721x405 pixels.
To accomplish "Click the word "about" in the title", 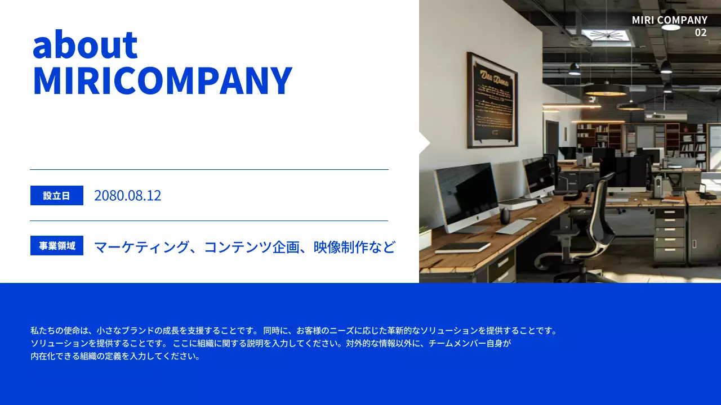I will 85,45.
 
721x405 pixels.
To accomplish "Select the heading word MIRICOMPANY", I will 162,81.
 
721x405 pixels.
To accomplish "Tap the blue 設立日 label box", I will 57,196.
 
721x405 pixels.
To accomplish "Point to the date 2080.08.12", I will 127,196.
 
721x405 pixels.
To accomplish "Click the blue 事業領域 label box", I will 57,246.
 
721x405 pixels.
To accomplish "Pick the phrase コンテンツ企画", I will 251,247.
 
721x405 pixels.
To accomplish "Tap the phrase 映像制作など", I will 354,247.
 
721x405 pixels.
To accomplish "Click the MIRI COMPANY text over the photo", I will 669,20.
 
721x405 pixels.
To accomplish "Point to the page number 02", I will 700,33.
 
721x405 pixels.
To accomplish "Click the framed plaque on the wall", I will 492,100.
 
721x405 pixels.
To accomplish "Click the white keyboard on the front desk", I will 513,227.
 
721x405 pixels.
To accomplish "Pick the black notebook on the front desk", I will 462,247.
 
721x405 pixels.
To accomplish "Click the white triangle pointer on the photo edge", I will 424,143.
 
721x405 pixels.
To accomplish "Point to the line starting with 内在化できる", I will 115,356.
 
